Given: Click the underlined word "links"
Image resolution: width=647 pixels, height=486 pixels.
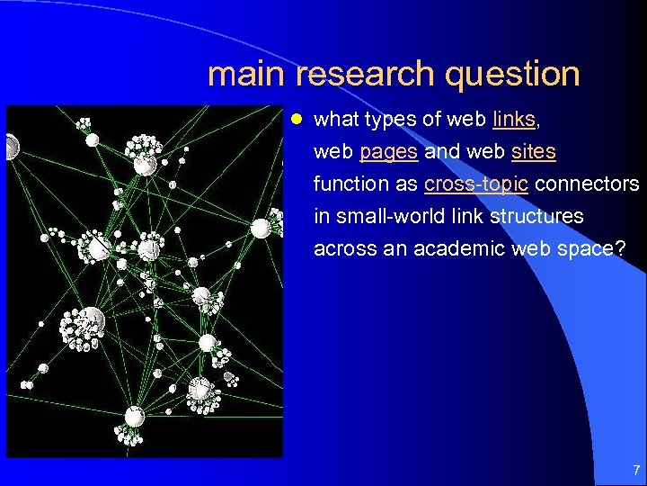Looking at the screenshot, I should (x=513, y=119).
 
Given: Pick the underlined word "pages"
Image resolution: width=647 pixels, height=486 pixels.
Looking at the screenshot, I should (x=388, y=151).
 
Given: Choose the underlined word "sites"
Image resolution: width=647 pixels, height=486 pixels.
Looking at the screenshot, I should (x=533, y=151).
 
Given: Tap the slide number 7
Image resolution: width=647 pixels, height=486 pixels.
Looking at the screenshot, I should (x=635, y=469).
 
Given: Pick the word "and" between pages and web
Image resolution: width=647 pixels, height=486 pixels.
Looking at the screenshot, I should (x=441, y=151).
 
